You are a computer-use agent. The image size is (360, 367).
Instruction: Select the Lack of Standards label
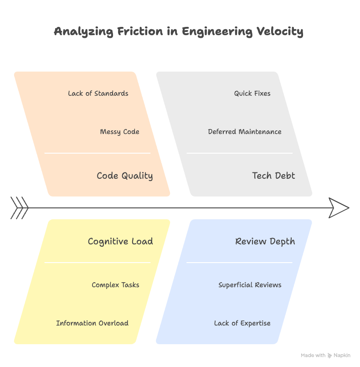pos(98,93)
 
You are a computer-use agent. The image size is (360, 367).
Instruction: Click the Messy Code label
pos(119,132)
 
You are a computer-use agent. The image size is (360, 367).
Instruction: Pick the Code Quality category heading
pos(124,176)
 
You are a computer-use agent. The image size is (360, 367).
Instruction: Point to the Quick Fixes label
pos(252,93)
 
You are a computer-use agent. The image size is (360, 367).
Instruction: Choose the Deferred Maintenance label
pos(245,132)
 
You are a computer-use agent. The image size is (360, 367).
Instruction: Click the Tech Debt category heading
pos(273,176)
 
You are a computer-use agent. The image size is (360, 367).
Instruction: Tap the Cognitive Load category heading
pos(120,241)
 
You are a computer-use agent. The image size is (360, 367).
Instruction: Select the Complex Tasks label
pos(115,285)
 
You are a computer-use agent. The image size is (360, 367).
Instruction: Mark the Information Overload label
pos(92,323)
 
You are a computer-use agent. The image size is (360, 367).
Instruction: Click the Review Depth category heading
pos(265,241)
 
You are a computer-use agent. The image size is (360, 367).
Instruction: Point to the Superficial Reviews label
pos(250,285)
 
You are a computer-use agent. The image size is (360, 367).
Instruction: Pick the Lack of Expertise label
pos(242,323)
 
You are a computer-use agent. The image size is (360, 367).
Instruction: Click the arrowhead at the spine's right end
pos(339,208)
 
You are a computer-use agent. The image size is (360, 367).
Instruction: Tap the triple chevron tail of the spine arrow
pos(19,208)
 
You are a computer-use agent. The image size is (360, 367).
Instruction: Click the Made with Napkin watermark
pos(325,355)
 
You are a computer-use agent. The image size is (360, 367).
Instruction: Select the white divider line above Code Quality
pos(97,153)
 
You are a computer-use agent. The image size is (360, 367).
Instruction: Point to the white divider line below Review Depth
pos(239,263)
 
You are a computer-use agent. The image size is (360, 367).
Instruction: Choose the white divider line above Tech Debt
pos(239,153)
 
